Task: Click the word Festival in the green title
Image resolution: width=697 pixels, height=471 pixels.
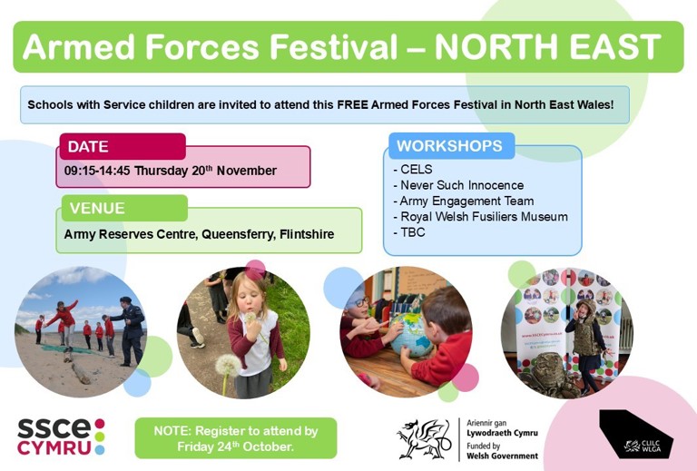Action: (x=333, y=46)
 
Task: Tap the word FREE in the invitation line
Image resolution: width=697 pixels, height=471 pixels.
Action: (x=352, y=105)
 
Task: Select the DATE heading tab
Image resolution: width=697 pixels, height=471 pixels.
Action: (x=123, y=146)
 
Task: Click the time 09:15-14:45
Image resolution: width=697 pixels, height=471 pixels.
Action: (x=97, y=171)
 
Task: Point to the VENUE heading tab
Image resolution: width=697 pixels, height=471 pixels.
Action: (x=124, y=208)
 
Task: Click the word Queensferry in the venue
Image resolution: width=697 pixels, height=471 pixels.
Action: (x=239, y=235)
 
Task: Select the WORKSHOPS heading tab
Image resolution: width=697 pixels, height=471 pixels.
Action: (x=452, y=146)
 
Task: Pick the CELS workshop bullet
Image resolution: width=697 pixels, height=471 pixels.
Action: (x=413, y=170)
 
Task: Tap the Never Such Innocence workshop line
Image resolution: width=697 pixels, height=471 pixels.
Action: (x=458, y=185)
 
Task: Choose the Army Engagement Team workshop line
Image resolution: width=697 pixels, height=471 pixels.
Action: (x=464, y=201)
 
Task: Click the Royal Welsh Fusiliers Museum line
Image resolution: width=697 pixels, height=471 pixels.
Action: (x=480, y=216)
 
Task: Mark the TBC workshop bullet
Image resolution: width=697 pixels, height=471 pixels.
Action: (x=409, y=232)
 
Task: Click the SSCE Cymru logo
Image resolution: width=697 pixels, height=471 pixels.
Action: (x=62, y=437)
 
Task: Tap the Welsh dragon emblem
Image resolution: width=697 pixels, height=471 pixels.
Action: (x=424, y=438)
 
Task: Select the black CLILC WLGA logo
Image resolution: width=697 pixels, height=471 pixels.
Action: (x=636, y=434)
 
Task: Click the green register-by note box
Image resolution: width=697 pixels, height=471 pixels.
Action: (x=236, y=438)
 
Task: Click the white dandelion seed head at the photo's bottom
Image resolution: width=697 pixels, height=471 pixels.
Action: (x=228, y=365)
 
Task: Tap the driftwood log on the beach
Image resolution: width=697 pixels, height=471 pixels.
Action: (x=81, y=373)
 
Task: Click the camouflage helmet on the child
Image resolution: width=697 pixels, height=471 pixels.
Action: (x=586, y=306)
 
